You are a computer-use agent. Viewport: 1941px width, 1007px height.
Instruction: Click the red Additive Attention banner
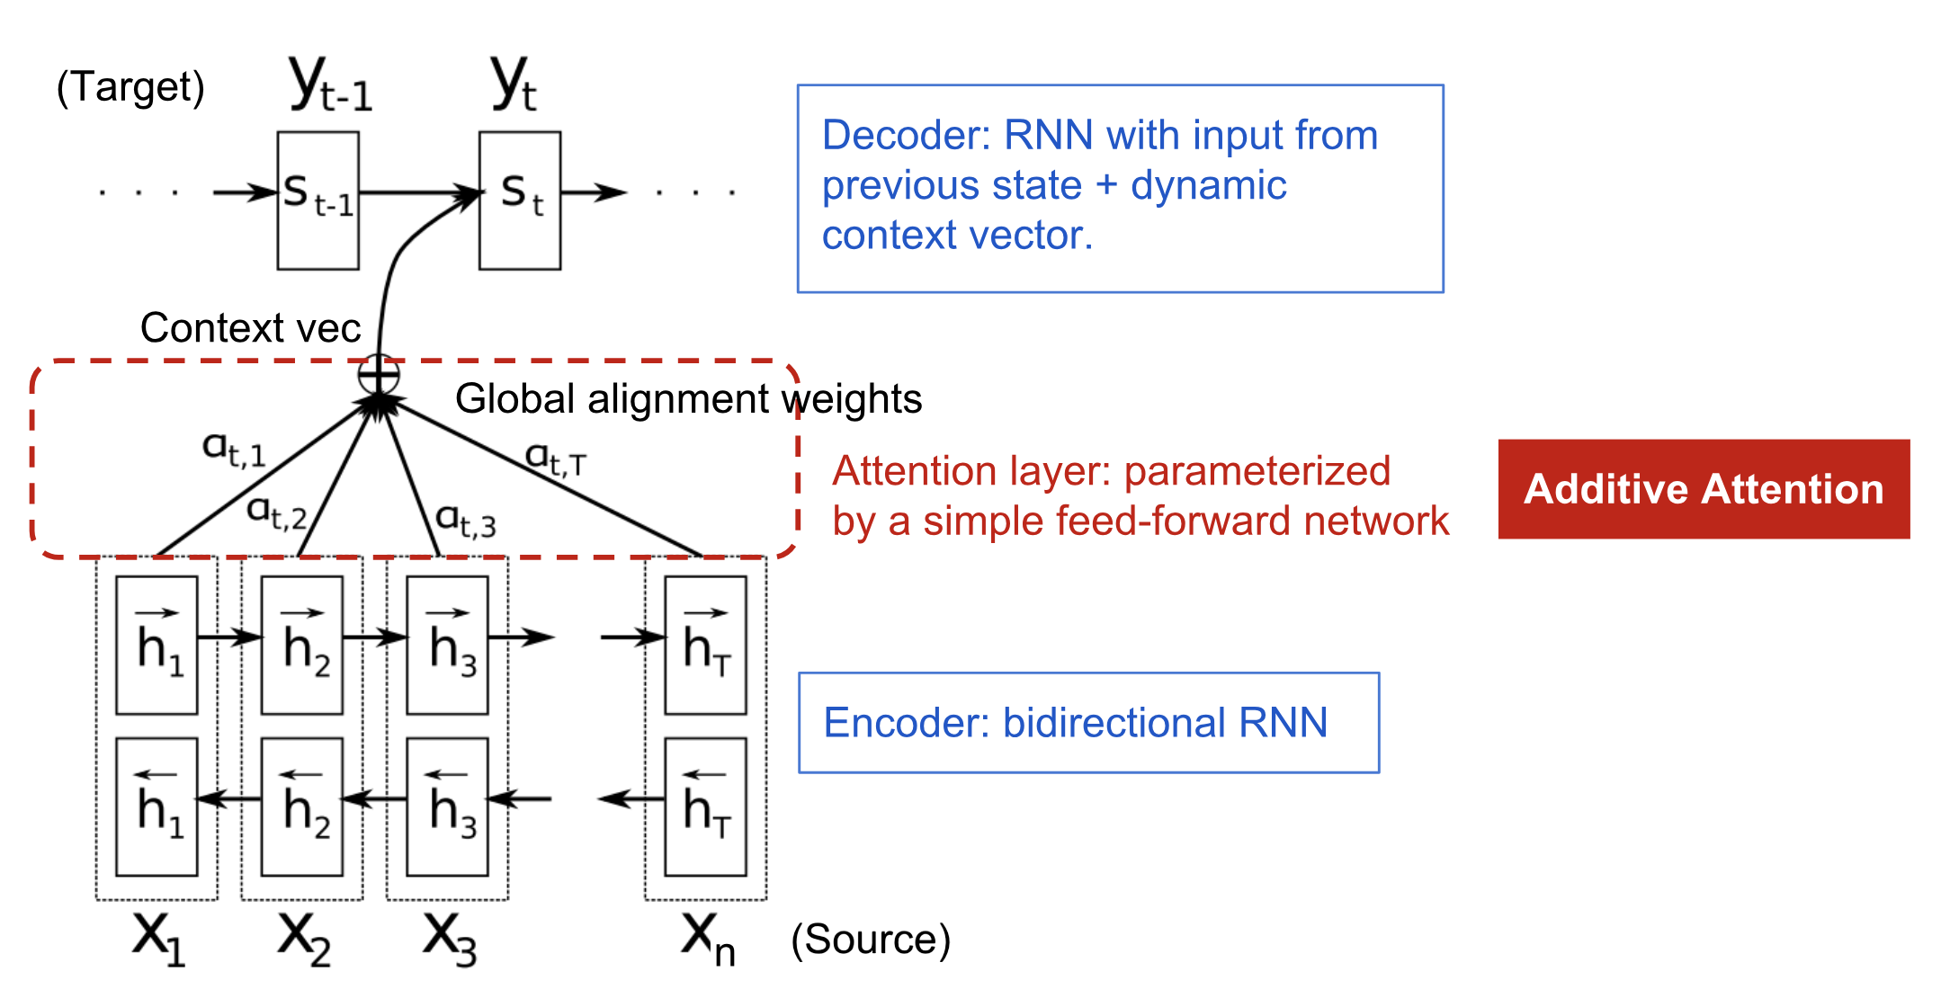1703,489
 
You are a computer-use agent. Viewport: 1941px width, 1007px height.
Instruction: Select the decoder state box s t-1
318,201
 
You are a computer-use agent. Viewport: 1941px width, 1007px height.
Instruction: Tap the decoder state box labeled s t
519,201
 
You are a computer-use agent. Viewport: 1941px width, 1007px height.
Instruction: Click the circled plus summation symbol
379,374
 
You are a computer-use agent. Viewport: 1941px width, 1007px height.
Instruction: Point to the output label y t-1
330,84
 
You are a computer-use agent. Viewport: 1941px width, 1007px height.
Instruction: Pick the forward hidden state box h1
157,645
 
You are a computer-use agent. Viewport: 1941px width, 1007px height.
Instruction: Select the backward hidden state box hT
705,806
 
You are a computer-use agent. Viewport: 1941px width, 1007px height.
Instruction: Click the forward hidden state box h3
447,645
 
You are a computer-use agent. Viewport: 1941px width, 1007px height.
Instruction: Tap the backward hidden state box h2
301,806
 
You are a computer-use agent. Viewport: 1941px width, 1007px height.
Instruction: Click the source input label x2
304,938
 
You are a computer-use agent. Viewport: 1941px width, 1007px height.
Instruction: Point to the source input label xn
707,938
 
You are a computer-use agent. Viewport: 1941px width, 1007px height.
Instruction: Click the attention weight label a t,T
555,459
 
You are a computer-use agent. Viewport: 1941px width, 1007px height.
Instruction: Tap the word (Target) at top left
130,87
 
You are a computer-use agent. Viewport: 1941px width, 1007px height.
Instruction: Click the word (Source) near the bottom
870,940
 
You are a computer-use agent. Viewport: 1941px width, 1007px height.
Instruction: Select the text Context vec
250,327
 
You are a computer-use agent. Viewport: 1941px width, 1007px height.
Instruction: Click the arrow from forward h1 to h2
229,637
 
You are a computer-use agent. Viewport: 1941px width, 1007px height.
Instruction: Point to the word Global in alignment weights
514,398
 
